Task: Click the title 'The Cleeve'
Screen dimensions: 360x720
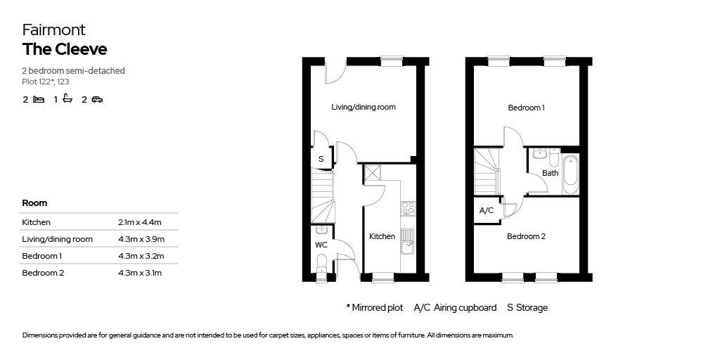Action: pyautogui.click(x=64, y=49)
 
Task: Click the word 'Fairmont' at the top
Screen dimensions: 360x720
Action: pyautogui.click(x=53, y=30)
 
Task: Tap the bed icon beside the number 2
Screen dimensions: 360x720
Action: pyautogui.click(x=39, y=100)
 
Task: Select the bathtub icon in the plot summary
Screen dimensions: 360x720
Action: pyautogui.click(x=67, y=99)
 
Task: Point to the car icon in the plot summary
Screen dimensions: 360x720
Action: pyautogui.click(x=97, y=100)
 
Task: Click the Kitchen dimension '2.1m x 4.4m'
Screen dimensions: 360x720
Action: pyautogui.click(x=140, y=222)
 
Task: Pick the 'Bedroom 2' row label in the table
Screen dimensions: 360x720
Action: pyautogui.click(x=43, y=273)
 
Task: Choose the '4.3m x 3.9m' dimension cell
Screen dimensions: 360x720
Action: pyautogui.click(x=140, y=239)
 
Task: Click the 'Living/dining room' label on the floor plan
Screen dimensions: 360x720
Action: pyautogui.click(x=364, y=108)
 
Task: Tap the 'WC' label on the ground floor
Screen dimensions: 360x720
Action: pyautogui.click(x=321, y=245)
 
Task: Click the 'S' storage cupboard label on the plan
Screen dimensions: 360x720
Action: pyautogui.click(x=321, y=159)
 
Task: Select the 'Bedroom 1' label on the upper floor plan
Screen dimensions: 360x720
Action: pyautogui.click(x=527, y=108)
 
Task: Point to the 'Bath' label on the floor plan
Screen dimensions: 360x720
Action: pyautogui.click(x=551, y=173)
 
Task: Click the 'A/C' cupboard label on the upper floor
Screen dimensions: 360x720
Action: pyautogui.click(x=487, y=210)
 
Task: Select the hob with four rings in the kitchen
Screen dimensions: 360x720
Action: pyautogui.click(x=408, y=208)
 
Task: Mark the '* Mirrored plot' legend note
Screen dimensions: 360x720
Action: pyautogui.click(x=374, y=308)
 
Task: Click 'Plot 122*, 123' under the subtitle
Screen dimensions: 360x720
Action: pyautogui.click(x=46, y=82)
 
